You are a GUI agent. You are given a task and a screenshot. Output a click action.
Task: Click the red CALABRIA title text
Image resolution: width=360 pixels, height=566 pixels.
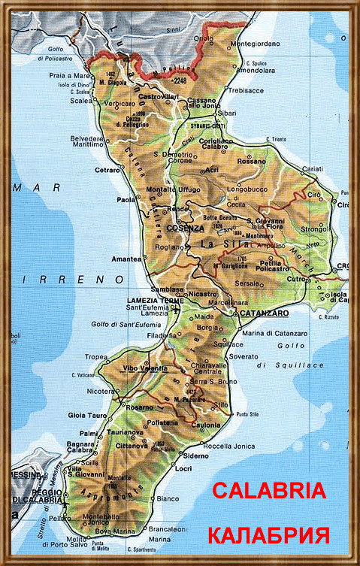(268, 491)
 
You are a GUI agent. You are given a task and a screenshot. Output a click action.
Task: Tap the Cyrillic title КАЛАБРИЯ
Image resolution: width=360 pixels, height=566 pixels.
(268, 536)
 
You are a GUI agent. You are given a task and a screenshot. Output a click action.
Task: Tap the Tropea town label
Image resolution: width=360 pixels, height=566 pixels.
(96, 357)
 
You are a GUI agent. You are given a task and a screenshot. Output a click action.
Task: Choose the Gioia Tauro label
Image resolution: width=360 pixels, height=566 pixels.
(87, 416)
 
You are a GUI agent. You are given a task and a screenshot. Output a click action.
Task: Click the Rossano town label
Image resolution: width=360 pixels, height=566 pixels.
(252, 161)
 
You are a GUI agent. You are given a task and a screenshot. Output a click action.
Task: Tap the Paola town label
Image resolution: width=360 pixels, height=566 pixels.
(126, 200)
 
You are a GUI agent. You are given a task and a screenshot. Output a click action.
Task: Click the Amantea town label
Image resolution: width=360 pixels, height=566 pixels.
(125, 258)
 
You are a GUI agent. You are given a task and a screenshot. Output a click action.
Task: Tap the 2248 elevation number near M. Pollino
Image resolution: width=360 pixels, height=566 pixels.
(179, 80)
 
